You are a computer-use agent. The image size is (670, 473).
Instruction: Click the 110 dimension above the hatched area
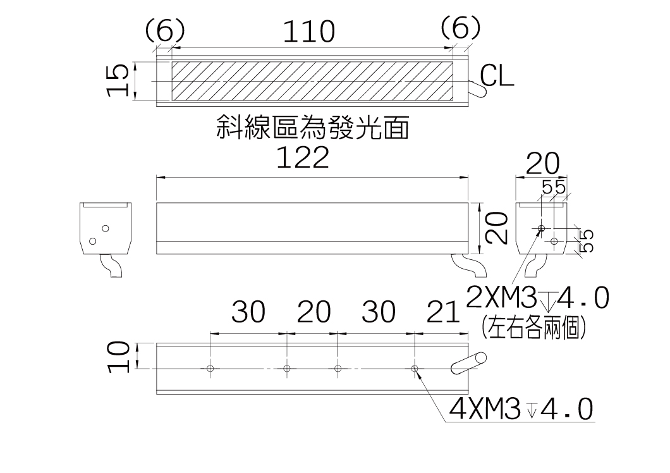pyautogui.click(x=308, y=32)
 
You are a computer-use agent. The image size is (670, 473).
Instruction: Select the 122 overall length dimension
pyautogui.click(x=303, y=157)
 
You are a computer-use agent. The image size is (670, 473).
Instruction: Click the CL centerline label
pyautogui.click(x=497, y=77)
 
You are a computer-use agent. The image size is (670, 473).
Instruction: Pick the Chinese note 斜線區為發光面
pyautogui.click(x=312, y=128)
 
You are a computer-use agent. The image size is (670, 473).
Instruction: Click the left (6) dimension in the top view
pyautogui.click(x=164, y=29)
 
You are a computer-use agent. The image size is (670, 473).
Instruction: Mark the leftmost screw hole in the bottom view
pyautogui.click(x=210, y=368)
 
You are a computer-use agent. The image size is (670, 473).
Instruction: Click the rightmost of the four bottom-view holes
pyautogui.click(x=414, y=368)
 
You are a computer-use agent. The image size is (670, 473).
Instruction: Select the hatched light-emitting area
pyautogui.click(x=313, y=82)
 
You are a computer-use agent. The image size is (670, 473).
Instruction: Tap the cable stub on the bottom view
pyautogui.click(x=468, y=364)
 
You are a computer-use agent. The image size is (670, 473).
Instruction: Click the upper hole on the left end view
pyautogui.click(x=106, y=228)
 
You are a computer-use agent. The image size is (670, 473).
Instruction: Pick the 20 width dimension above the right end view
pyautogui.click(x=542, y=165)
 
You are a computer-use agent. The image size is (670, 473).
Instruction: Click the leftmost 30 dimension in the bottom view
pyautogui.click(x=248, y=312)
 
